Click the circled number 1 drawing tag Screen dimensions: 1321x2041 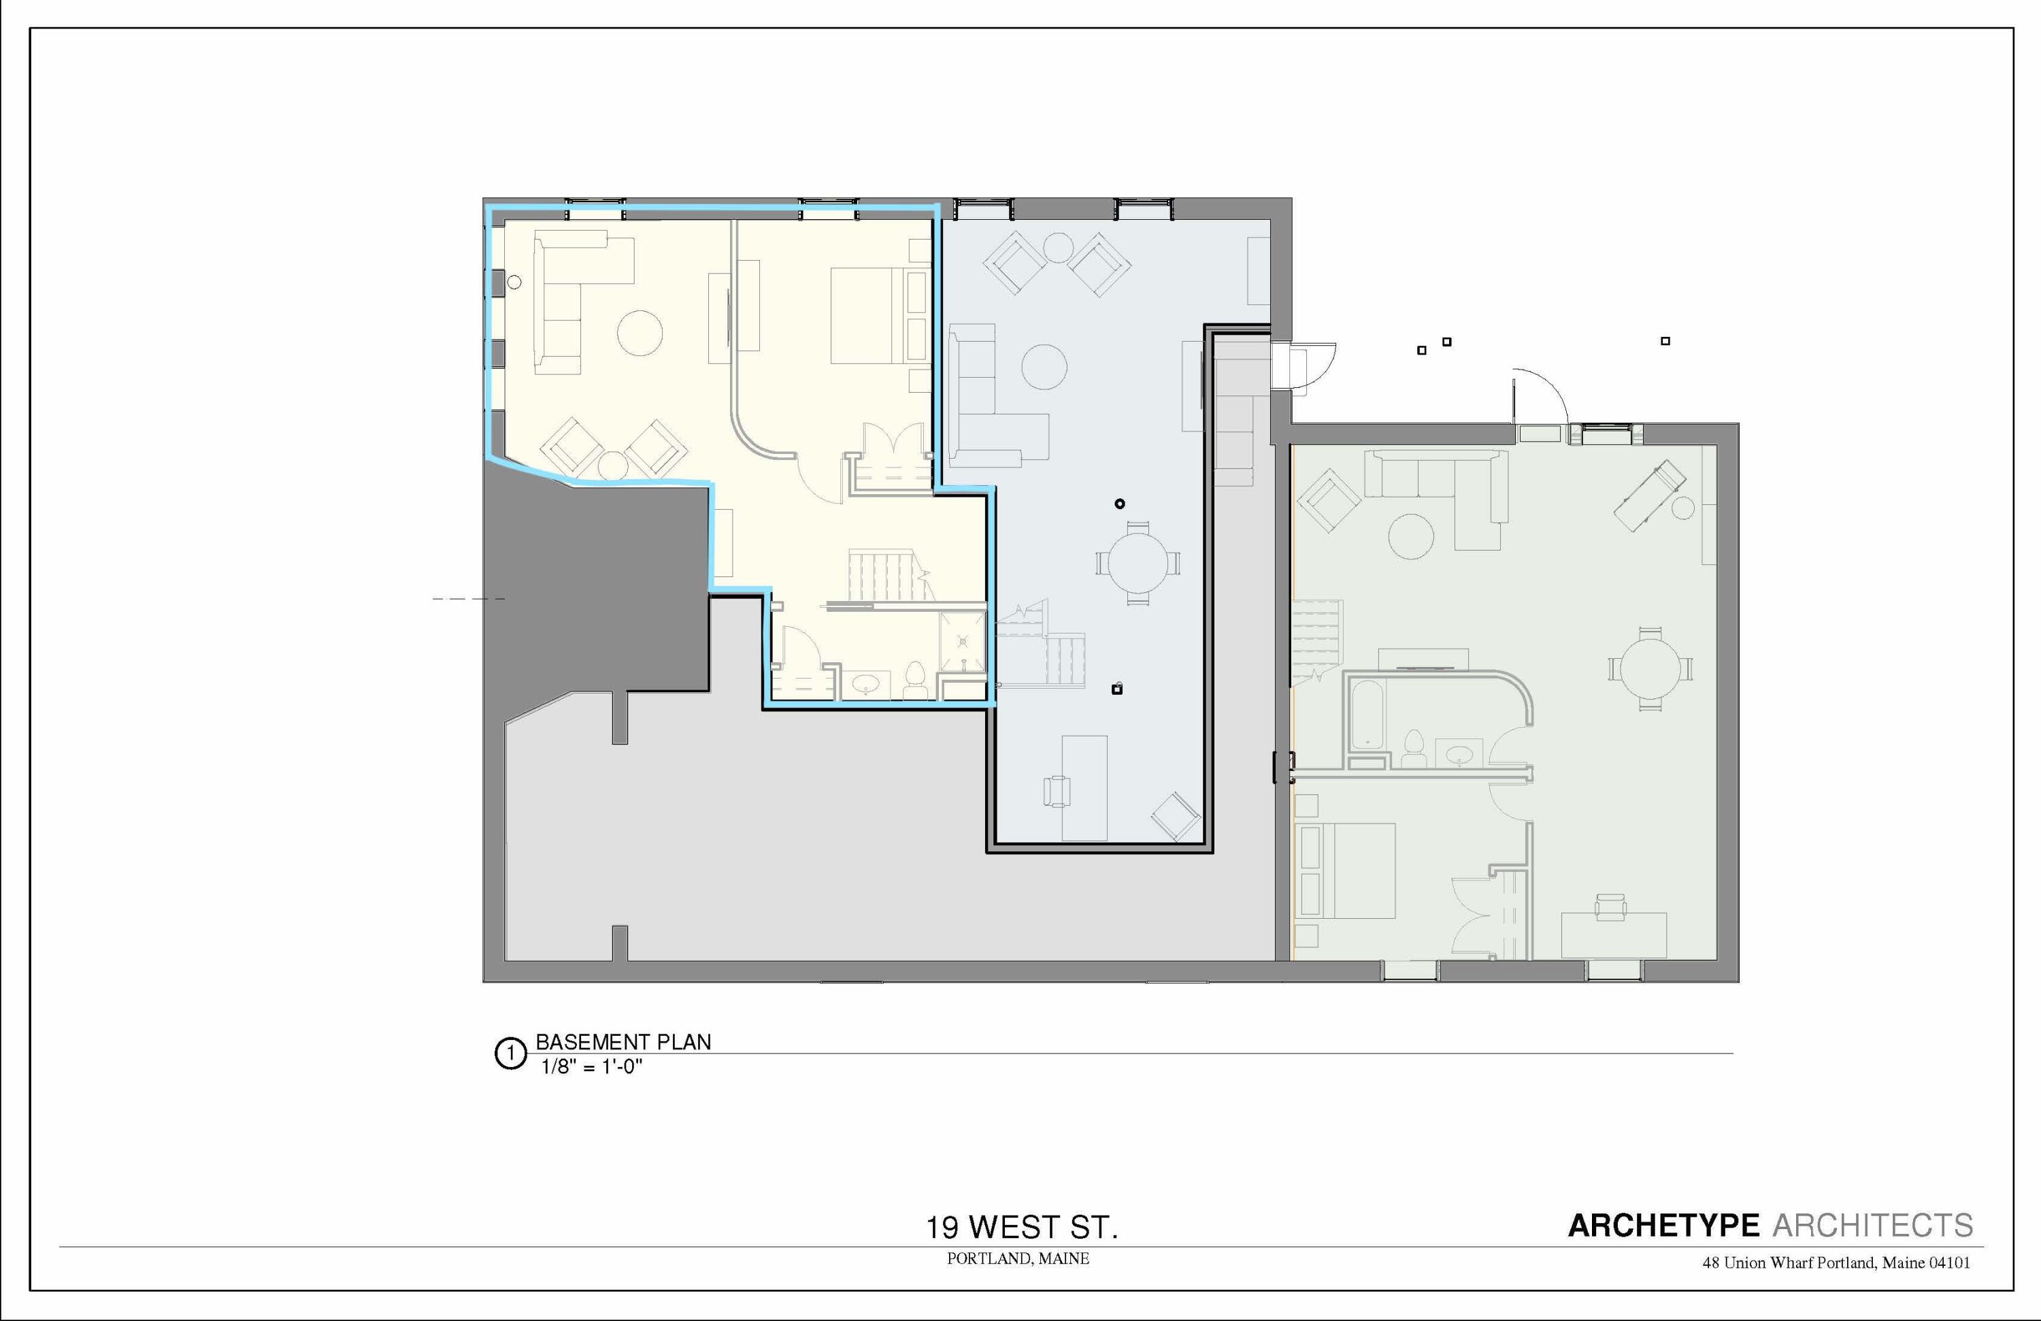510,1054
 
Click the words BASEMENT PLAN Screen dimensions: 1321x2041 623,1042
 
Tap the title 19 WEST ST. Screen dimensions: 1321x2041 1021,1228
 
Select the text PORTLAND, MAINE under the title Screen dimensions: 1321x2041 1018,1258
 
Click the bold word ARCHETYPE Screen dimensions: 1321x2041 1663,1226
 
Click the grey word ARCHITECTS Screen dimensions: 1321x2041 1873,1226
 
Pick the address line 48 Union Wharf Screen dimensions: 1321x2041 1835,1262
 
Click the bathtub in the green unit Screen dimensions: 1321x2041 1365,715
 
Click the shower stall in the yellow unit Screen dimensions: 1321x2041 962,642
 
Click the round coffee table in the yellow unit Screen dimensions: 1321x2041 640,333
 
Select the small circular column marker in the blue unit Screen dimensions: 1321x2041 1119,504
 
